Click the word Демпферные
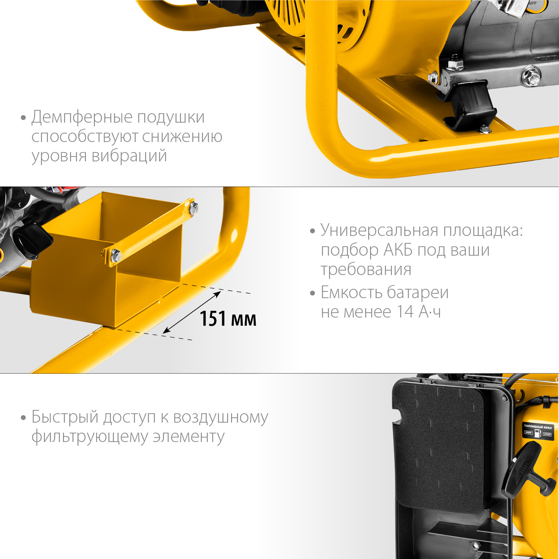click(x=82, y=117)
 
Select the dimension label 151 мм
click(x=228, y=319)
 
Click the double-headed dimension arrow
click(x=192, y=312)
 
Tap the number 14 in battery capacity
click(x=405, y=312)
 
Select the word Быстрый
click(x=64, y=417)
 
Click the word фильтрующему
click(x=90, y=437)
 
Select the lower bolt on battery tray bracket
click(x=116, y=256)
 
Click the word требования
click(x=366, y=269)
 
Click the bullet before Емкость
click(x=312, y=293)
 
